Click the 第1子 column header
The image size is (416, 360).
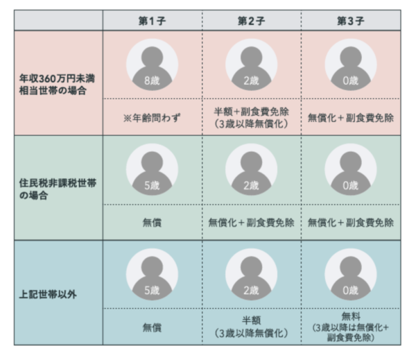(152, 21)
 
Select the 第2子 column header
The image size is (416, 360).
(251, 21)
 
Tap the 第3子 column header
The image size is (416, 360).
(350, 21)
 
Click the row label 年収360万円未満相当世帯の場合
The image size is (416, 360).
(57, 85)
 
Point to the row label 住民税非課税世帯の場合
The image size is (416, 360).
(58, 189)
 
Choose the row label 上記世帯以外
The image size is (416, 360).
(48, 294)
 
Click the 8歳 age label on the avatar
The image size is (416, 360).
(152, 80)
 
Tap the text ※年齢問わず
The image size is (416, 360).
(152, 118)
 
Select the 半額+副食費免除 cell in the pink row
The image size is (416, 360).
(251, 118)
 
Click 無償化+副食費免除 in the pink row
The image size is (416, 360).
(350, 118)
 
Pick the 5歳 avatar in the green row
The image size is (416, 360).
(152, 169)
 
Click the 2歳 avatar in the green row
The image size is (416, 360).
(251, 169)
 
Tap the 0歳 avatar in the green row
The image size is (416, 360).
(350, 169)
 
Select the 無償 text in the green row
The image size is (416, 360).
(152, 223)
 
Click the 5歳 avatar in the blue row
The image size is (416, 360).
(152, 274)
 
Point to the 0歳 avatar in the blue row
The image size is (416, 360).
(350, 274)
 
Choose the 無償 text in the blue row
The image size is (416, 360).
(152, 327)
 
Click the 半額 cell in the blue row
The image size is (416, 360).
(251, 327)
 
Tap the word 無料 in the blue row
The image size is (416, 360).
(350, 316)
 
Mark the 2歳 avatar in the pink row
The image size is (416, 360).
(251, 65)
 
